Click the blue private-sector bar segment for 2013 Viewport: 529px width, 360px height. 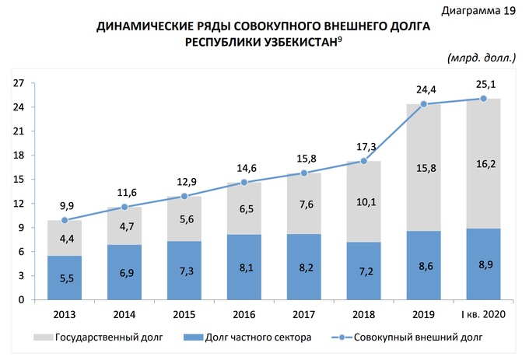pyautogui.click(x=65, y=278)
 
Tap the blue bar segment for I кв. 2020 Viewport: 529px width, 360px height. pyautogui.click(x=484, y=264)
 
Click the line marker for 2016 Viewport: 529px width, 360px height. pyautogui.click(x=244, y=182)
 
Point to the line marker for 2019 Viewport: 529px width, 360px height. pyautogui.click(x=424, y=104)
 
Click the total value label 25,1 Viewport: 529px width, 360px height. pyautogui.click(x=484, y=83)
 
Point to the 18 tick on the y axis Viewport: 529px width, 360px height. pyautogui.click(x=19, y=156)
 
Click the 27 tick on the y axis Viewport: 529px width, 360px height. pyautogui.click(x=19, y=83)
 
